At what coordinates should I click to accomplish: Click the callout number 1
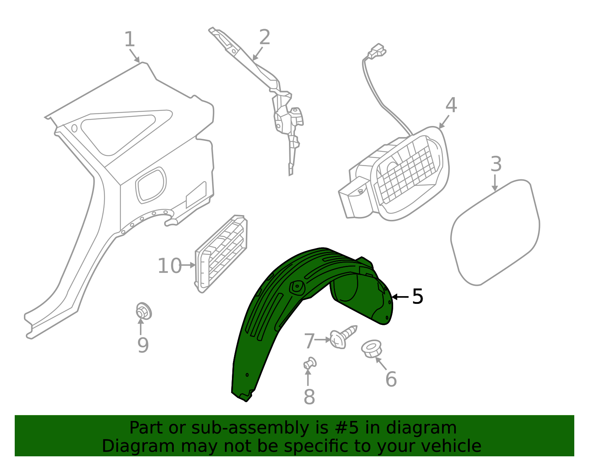click(130, 39)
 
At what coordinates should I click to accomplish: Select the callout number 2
click(265, 37)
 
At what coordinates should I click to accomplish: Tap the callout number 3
click(496, 164)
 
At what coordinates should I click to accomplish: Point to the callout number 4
click(451, 105)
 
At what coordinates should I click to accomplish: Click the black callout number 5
click(418, 296)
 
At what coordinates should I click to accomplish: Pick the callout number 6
click(391, 379)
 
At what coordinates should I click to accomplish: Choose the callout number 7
click(309, 341)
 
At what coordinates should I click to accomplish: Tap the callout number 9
click(143, 345)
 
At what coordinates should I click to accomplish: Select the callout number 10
click(170, 266)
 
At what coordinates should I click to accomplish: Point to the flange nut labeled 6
click(371, 349)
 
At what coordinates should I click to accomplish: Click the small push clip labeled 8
click(310, 363)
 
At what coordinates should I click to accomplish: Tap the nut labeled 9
click(144, 311)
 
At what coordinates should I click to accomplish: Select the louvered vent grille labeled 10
click(221, 254)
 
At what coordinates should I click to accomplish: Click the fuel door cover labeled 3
click(495, 232)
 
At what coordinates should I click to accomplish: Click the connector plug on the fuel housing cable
click(377, 51)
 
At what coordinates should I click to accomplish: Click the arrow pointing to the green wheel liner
click(400, 297)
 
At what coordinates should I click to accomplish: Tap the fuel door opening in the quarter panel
click(151, 185)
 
